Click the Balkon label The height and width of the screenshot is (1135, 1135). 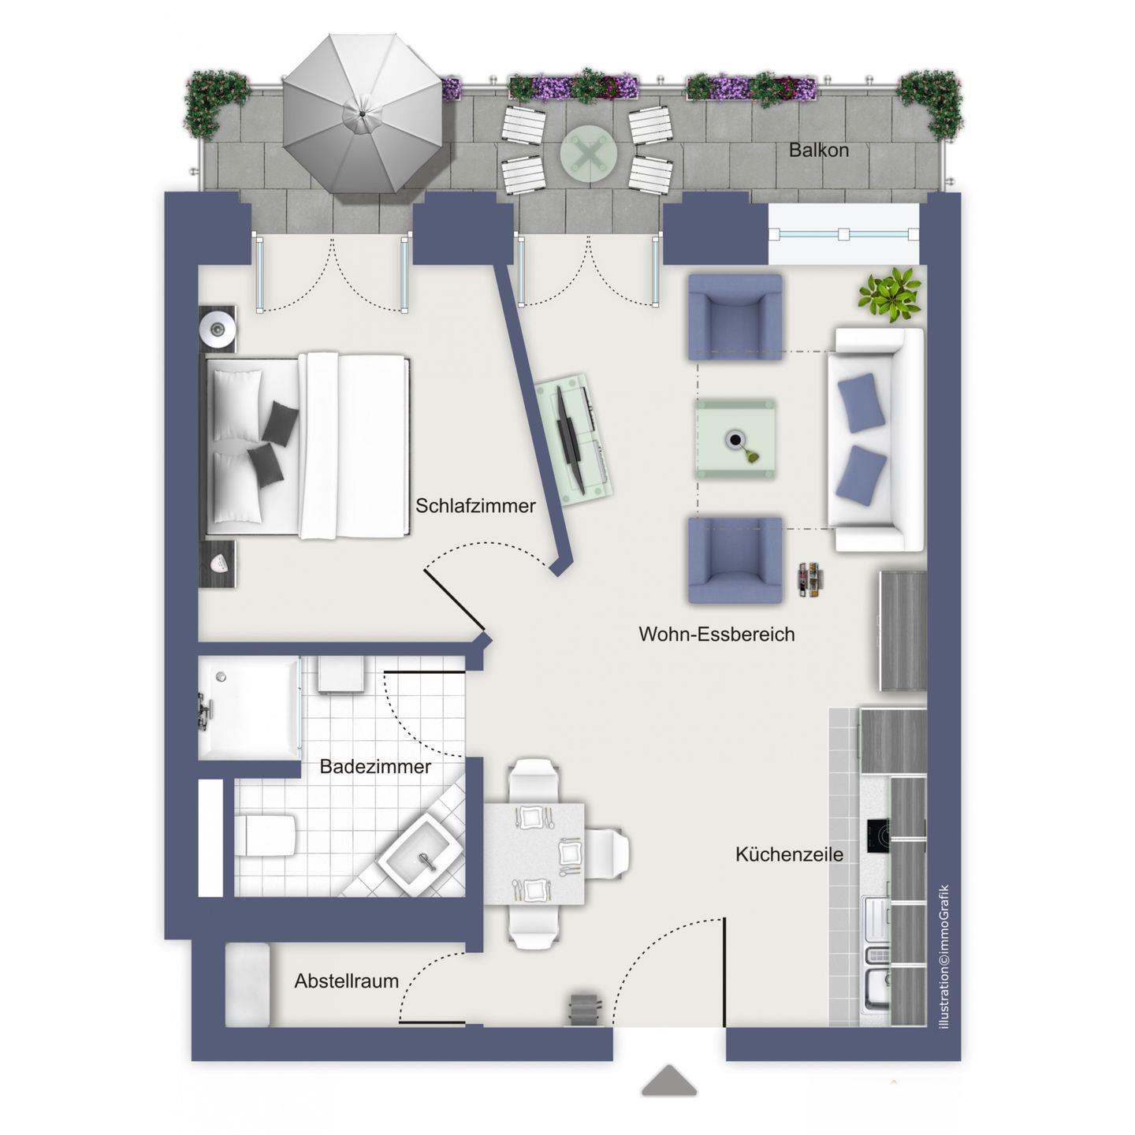coord(818,151)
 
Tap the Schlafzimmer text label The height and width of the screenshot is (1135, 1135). coord(475,505)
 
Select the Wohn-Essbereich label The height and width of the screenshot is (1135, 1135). coord(716,634)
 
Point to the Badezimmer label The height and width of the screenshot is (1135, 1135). coord(375,766)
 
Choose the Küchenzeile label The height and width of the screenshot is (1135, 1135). coord(789,854)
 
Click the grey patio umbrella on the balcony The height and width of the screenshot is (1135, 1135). coord(362,113)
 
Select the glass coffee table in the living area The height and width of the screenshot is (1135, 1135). coord(735,439)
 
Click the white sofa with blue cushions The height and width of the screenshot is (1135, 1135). coord(875,440)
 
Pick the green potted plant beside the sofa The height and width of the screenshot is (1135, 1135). coord(889,294)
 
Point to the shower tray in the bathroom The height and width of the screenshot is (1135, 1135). coord(249,708)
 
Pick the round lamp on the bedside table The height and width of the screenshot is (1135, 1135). coord(216,328)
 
